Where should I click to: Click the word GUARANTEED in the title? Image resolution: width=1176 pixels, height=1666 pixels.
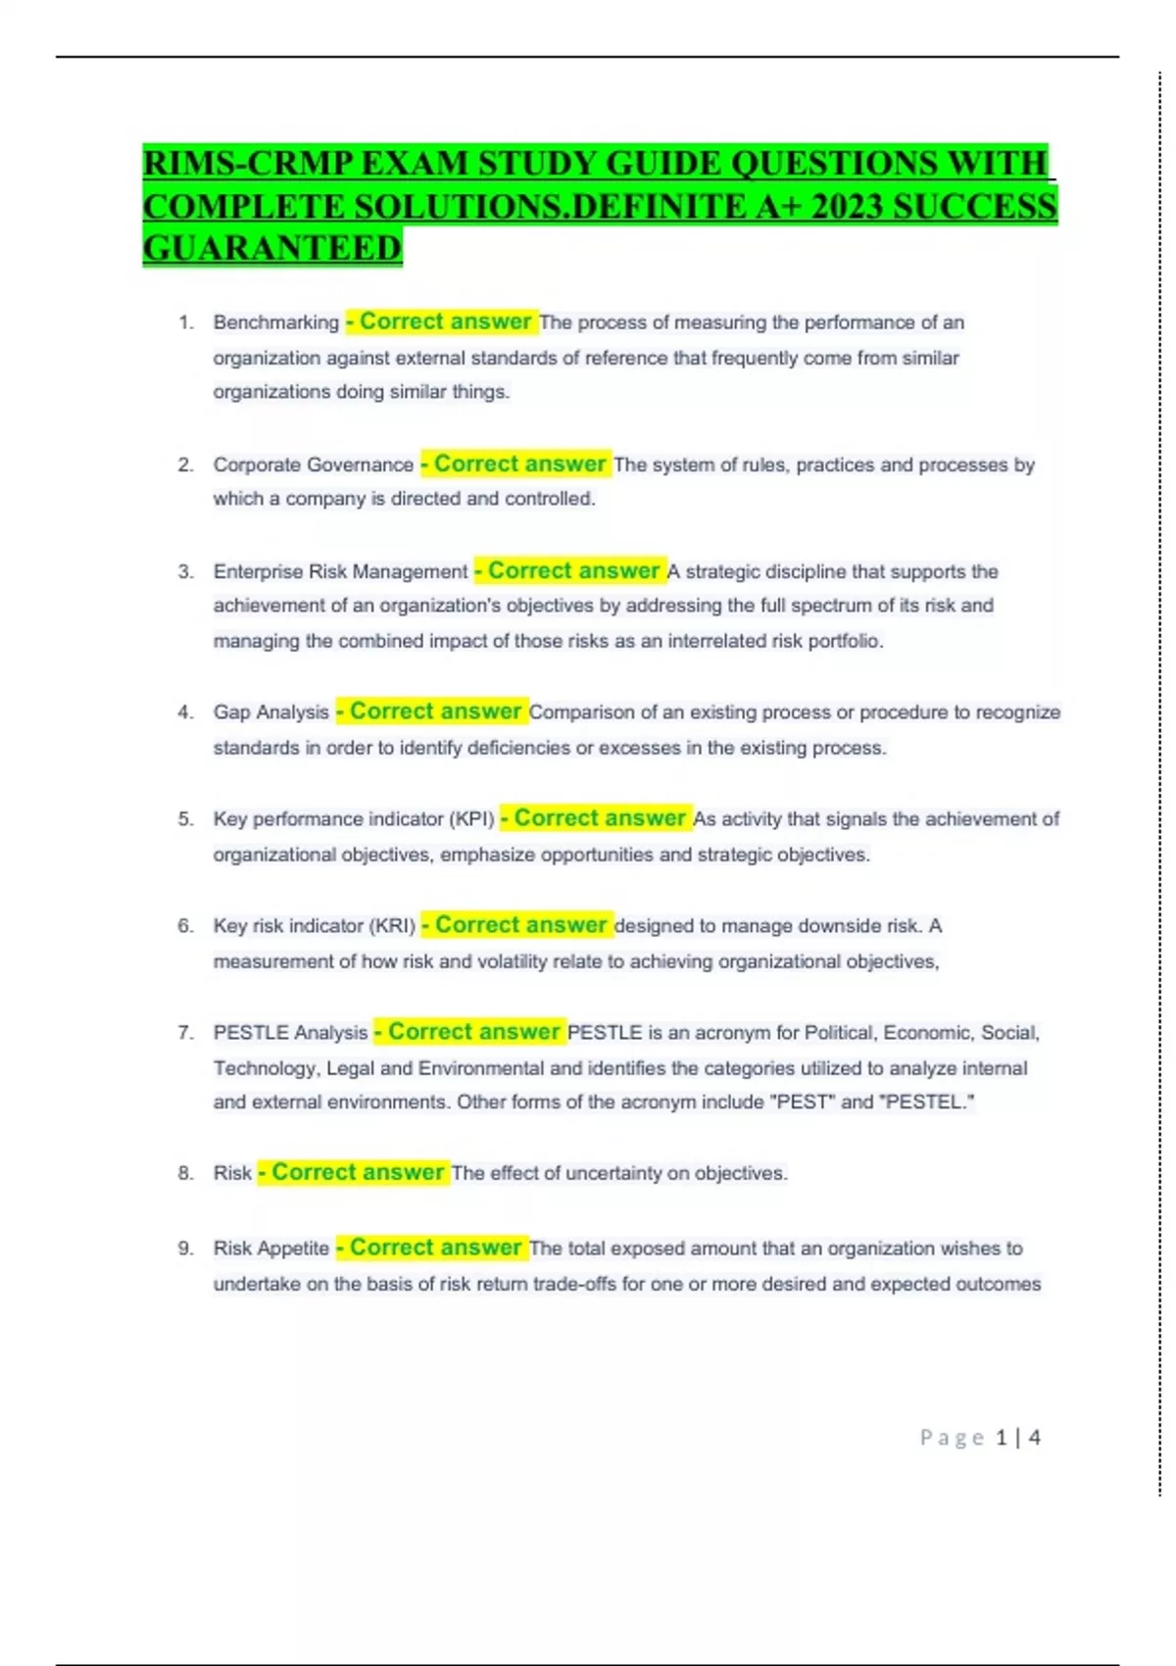click(272, 248)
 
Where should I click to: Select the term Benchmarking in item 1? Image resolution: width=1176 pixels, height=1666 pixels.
click(275, 322)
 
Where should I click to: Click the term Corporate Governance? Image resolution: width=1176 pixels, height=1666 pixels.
click(313, 465)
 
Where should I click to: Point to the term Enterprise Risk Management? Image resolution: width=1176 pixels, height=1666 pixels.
click(340, 571)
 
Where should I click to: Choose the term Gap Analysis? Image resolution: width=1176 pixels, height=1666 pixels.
click(270, 712)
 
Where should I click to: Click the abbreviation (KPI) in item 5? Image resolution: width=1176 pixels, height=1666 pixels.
click(471, 819)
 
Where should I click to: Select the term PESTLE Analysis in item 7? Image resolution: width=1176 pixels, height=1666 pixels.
click(290, 1033)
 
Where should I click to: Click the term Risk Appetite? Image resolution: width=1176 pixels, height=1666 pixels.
click(270, 1249)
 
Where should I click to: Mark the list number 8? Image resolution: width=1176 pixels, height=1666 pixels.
click(185, 1173)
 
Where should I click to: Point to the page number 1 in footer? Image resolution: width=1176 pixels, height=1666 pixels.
click(1001, 1438)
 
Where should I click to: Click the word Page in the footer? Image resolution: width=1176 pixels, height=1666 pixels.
click(952, 1438)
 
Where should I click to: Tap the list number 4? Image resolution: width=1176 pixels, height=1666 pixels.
click(185, 712)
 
